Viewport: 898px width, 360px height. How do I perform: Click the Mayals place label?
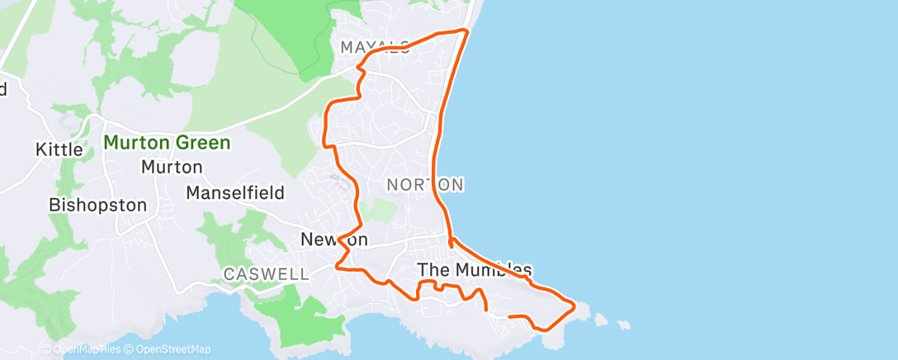pos(375,48)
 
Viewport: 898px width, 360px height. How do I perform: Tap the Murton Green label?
pos(167,143)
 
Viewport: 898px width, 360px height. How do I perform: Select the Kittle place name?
pos(59,149)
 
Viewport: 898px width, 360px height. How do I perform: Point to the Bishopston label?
pos(97,205)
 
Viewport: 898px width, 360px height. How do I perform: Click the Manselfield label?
pos(235,193)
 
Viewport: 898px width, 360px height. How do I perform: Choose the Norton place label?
pos(424,184)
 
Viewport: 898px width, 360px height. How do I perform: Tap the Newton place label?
pos(333,239)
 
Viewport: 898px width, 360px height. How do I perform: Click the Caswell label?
pos(266,273)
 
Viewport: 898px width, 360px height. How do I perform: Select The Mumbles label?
pos(475,269)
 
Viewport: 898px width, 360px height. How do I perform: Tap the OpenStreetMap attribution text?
pos(168,349)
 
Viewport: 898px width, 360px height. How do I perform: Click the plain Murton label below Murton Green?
pos(172,167)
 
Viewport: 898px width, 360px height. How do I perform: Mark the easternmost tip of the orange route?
pos(574,305)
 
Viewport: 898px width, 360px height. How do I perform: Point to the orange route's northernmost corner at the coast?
pos(467,31)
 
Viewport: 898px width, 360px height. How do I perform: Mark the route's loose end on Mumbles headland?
pos(508,316)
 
